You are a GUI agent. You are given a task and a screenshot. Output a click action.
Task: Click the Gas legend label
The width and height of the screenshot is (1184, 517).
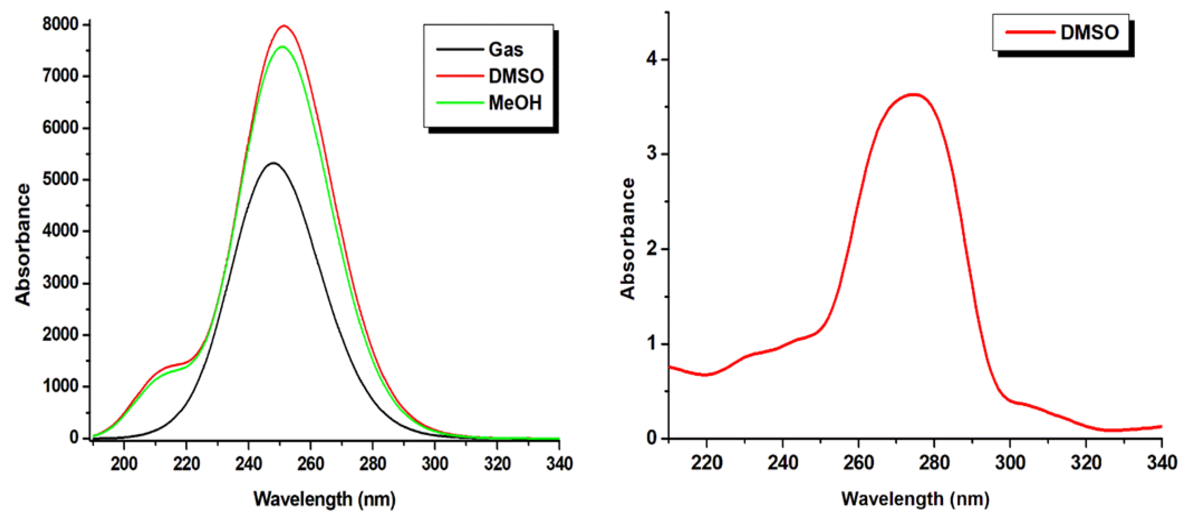(506, 50)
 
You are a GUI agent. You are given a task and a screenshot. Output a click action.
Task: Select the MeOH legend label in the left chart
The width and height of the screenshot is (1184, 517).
(515, 103)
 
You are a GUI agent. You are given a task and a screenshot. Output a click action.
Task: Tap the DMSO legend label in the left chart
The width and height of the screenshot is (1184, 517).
(516, 76)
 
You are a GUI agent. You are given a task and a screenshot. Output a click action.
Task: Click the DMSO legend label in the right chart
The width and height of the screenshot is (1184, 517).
(1089, 33)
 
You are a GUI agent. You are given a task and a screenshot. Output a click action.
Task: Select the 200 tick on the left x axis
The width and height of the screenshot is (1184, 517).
(124, 464)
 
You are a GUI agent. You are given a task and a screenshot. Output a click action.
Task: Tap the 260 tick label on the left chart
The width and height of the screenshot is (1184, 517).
(311, 464)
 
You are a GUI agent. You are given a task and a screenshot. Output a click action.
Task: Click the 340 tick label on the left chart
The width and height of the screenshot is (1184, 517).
(559, 464)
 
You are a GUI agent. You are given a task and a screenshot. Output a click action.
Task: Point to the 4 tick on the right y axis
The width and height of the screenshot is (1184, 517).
(652, 60)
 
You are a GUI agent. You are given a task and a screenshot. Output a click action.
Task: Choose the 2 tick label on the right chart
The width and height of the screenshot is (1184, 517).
(652, 249)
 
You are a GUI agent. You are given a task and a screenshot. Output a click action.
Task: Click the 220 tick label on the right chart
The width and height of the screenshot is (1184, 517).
(707, 462)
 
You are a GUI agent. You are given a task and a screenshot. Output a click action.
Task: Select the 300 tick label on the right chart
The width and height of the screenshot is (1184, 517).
(1010, 462)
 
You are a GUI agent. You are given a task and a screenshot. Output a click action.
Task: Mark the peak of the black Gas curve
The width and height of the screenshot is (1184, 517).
(274, 163)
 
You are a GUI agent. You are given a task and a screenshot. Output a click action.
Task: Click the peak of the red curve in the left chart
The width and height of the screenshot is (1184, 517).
(284, 26)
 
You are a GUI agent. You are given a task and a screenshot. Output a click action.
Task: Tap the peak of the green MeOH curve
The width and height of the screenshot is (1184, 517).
(282, 47)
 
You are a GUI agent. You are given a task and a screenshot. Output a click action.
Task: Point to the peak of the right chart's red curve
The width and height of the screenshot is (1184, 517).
(914, 95)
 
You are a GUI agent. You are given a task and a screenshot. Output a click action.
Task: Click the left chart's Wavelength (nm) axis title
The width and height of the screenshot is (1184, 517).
(324, 499)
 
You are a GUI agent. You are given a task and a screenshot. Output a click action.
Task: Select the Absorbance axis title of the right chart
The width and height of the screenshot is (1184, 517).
(628, 239)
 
